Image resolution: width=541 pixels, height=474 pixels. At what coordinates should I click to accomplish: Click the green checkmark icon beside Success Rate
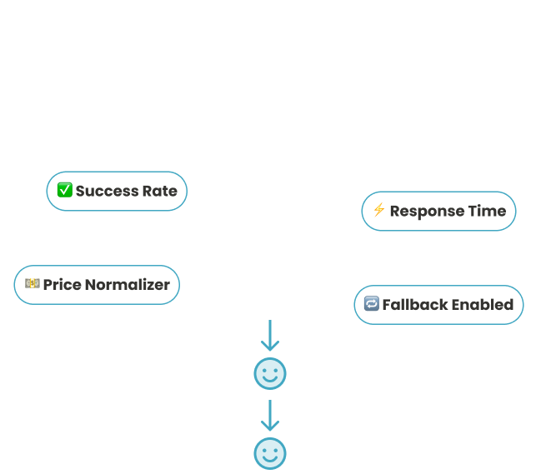[x=65, y=191]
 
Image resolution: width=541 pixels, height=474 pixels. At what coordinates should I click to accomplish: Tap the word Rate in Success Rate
[x=161, y=191]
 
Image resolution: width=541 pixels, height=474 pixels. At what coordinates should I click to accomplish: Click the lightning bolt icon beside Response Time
[x=378, y=210]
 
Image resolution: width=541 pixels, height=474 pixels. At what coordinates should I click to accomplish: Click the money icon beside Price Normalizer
[x=33, y=284]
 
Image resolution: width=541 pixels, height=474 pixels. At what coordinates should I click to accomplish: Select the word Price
[x=63, y=285]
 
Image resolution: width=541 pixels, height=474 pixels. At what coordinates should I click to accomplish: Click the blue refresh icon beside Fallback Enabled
[x=370, y=304]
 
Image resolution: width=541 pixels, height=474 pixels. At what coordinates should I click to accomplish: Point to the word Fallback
[x=415, y=304]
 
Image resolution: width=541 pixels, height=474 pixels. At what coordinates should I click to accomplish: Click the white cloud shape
[x=269, y=246]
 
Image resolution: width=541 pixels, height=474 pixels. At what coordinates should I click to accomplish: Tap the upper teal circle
[x=269, y=374]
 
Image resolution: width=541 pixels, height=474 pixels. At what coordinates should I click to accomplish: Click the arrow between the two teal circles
[x=269, y=414]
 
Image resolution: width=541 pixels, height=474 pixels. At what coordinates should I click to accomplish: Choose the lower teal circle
[x=269, y=453]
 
